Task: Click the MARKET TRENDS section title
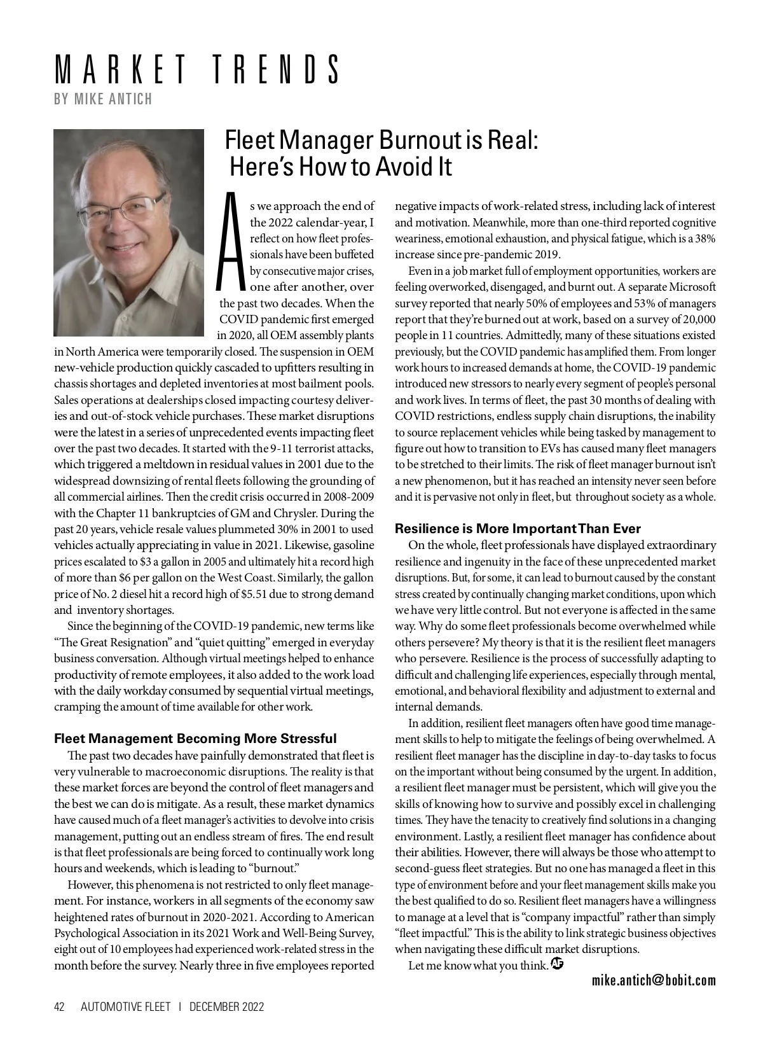(x=196, y=70)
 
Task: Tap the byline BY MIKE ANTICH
(x=104, y=99)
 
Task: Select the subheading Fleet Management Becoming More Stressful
(x=195, y=739)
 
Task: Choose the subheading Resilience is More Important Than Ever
(x=518, y=529)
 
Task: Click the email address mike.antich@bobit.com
(x=654, y=980)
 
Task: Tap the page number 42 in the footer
(x=60, y=1007)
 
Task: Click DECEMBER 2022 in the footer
(x=226, y=1007)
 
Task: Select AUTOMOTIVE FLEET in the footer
(x=126, y=1007)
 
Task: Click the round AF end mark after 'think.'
(x=558, y=964)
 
